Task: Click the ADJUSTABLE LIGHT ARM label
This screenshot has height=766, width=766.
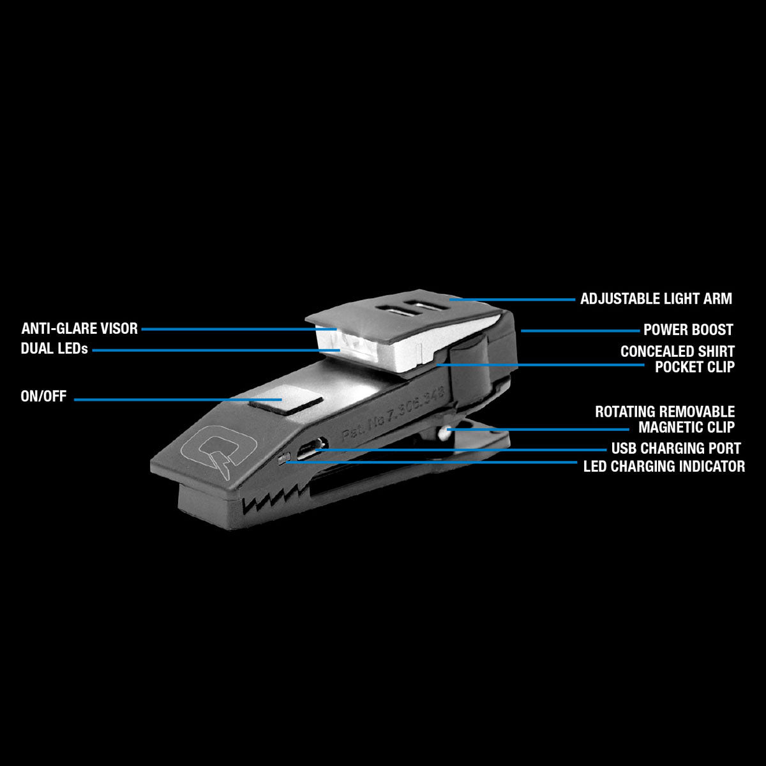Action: point(656,299)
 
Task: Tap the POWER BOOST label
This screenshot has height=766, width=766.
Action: point(688,330)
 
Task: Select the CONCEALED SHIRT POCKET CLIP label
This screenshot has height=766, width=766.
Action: point(677,359)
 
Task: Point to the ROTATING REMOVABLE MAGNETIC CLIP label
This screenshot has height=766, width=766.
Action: point(665,419)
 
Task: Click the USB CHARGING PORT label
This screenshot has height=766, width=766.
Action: point(676,448)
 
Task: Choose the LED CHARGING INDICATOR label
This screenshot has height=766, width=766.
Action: point(664,467)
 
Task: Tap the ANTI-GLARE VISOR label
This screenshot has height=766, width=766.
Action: point(80,329)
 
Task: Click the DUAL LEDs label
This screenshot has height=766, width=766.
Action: point(54,349)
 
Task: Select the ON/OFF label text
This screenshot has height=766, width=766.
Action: point(43,396)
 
